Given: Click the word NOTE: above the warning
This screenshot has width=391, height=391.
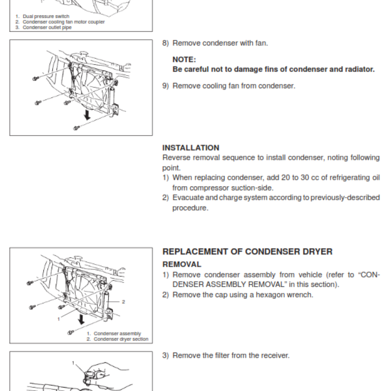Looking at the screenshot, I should point(184,60).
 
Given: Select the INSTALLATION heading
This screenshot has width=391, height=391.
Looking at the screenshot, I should point(191,148).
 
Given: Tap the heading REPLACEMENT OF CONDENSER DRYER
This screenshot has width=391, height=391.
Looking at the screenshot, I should point(247,252).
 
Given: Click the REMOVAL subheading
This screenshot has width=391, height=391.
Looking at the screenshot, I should point(181,264).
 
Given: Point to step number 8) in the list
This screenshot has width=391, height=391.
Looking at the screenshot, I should point(166,43).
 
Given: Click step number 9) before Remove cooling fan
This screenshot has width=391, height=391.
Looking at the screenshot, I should point(166,86).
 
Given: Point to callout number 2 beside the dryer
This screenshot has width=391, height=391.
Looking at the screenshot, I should point(124,302).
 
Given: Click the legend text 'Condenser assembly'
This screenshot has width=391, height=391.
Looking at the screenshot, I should point(117,334).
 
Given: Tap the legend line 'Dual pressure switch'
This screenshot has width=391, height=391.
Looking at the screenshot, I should point(46,17).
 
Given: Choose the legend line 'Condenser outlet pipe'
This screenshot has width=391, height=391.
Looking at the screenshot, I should point(47,27).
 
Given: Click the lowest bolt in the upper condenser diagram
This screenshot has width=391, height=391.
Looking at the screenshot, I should point(76,128).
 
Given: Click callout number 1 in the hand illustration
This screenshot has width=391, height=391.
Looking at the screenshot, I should point(74,363).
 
